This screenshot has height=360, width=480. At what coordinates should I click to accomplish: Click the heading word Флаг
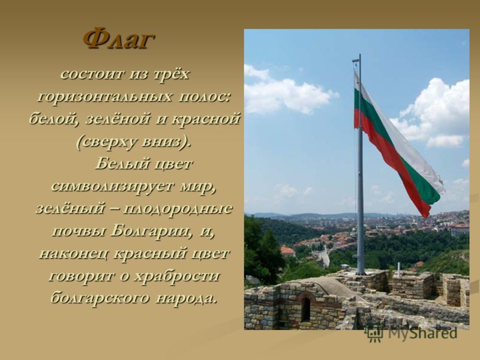[x=118, y=39]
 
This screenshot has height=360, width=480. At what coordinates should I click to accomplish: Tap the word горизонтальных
[x=104, y=97]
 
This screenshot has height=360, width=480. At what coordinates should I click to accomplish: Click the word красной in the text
[x=205, y=119]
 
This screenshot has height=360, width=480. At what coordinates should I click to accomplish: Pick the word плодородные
[x=178, y=208]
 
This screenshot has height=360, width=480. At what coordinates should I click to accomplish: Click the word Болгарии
[x=152, y=231]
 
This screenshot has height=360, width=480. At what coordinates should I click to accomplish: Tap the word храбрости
[x=177, y=276]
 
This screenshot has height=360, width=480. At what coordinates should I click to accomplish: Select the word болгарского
[x=100, y=298]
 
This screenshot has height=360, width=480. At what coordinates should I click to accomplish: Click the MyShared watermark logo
[x=412, y=334]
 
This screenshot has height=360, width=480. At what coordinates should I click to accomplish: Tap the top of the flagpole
[x=359, y=55]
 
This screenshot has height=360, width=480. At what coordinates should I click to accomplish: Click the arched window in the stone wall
[x=305, y=309]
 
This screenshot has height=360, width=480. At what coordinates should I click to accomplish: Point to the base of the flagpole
[x=361, y=271]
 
